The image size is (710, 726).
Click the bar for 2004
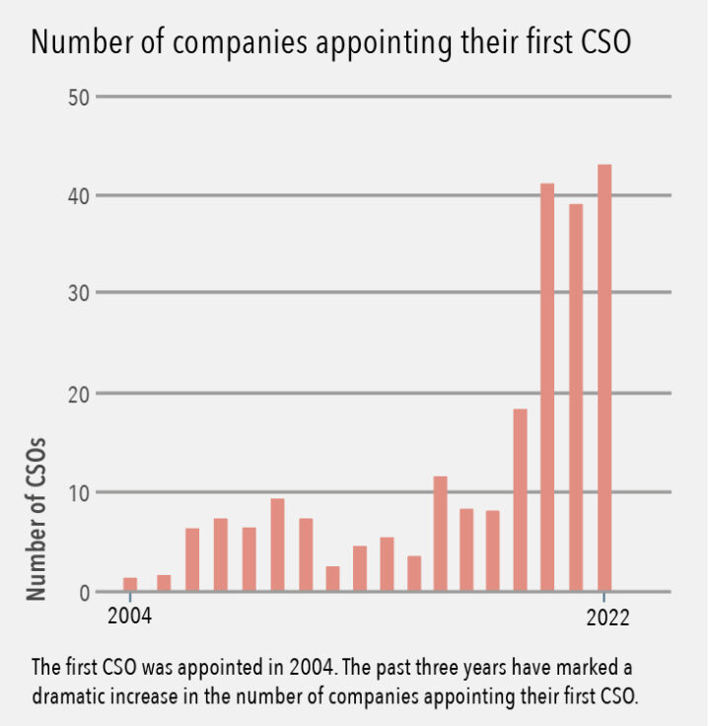tap(130, 584)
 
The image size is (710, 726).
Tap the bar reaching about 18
tap(520, 500)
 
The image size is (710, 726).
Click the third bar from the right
tap(547, 388)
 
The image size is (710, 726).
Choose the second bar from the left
tap(164, 583)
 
